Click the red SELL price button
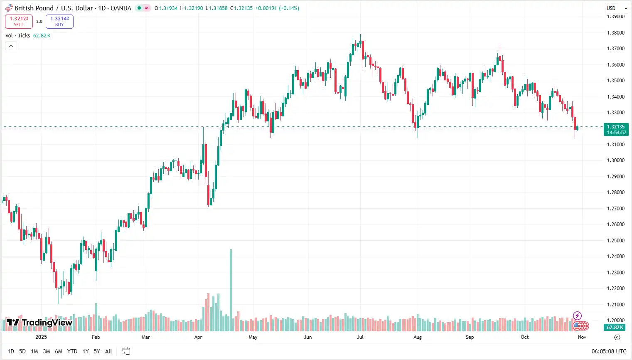click(x=19, y=22)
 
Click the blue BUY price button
click(x=59, y=22)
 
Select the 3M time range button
click(x=47, y=351)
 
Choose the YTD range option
click(x=72, y=351)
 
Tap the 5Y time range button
click(x=97, y=351)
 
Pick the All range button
click(x=108, y=351)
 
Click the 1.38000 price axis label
click(x=616, y=33)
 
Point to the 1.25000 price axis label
click(x=616, y=241)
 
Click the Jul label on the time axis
click(x=360, y=337)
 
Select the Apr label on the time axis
click(x=198, y=337)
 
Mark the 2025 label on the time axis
click(x=41, y=337)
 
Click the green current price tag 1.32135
click(x=616, y=129)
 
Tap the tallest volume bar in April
click(x=231, y=290)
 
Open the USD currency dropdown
click(x=617, y=8)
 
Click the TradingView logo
click(x=39, y=323)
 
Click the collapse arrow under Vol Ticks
click(x=11, y=46)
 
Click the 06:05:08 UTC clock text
click(x=609, y=351)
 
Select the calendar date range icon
click(x=126, y=351)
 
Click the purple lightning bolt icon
click(x=577, y=316)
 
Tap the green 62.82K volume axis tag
click(x=615, y=328)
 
